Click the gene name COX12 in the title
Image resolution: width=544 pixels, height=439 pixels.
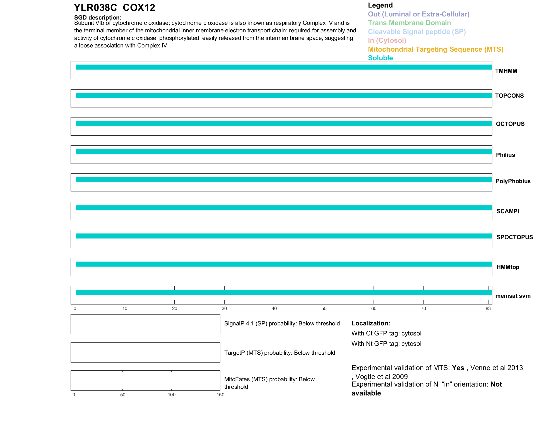[139, 8]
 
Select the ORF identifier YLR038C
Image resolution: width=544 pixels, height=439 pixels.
[95, 8]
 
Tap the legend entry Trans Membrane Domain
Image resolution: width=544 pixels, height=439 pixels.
[409, 23]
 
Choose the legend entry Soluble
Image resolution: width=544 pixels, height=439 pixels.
[380, 58]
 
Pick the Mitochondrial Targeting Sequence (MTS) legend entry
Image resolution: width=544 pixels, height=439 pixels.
[435, 49]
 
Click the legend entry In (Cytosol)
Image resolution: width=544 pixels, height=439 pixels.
[387, 40]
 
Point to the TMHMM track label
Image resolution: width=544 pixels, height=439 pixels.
[506, 71]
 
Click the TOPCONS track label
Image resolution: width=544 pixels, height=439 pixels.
[509, 96]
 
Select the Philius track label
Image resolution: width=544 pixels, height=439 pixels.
[505, 155]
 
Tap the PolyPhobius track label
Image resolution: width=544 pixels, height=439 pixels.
[513, 181]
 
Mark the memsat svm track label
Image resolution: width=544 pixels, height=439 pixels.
[513, 296]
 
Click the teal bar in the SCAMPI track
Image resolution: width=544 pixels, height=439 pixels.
[284, 208]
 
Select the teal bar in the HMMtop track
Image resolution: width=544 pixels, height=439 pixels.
[284, 264]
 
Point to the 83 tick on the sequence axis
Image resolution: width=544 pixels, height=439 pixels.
[488, 308]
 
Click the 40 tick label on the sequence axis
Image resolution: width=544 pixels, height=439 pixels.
[274, 308]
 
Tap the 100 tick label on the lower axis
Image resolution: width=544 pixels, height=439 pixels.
[172, 395]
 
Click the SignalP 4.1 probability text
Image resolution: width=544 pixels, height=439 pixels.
[282, 323]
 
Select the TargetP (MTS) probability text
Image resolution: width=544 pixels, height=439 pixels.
[280, 353]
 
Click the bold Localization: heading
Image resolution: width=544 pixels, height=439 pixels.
[371, 323]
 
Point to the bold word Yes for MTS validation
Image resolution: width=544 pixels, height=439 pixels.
[458, 368]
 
